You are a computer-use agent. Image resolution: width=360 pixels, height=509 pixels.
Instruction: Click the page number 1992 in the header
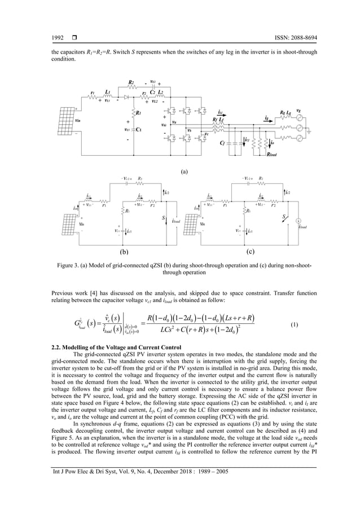pyautogui.click(x=58, y=38)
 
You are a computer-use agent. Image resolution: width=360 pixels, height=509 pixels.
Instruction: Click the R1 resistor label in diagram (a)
pyautogui.click(x=139, y=112)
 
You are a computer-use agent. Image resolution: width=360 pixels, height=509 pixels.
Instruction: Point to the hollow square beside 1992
pyautogui.click(x=74, y=38)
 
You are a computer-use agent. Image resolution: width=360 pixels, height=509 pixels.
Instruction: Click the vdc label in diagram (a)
pyautogui.click(x=164, y=125)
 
